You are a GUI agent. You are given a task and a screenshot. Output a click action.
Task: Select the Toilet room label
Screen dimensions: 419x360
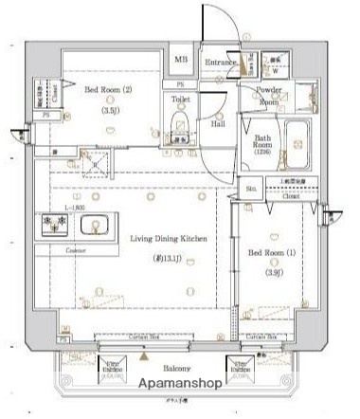pyautogui.click(x=181, y=99)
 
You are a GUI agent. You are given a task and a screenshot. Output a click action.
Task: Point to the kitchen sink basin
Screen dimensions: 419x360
pyautogui.click(x=95, y=226)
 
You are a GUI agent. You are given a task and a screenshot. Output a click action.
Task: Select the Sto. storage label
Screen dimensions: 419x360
pyautogui.click(x=251, y=189)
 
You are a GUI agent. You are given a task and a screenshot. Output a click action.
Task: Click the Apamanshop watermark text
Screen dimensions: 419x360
pyautogui.click(x=183, y=384)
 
